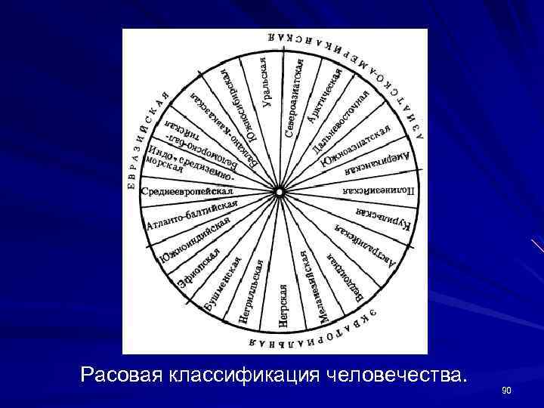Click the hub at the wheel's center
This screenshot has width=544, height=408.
point(279,192)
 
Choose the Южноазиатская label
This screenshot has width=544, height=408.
point(355,147)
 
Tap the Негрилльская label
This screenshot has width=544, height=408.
point(251,292)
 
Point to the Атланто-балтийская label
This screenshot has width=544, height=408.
point(192,215)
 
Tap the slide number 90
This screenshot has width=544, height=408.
point(506,391)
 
